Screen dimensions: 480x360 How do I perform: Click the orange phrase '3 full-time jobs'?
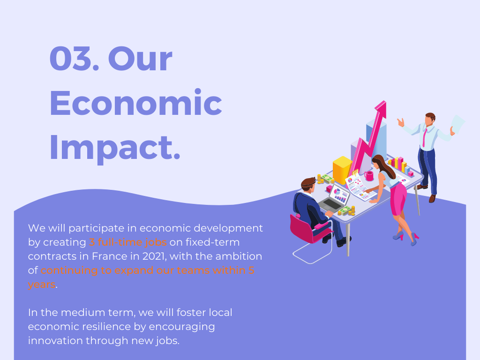point(127,242)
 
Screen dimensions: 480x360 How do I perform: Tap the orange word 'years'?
point(42,285)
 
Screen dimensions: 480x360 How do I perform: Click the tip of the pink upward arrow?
point(385,101)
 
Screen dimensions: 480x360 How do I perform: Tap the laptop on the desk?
point(335,199)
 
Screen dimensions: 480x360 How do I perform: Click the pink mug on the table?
point(369,176)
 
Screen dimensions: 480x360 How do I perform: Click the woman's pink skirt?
point(398,199)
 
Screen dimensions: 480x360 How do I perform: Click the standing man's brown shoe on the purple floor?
point(432,198)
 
